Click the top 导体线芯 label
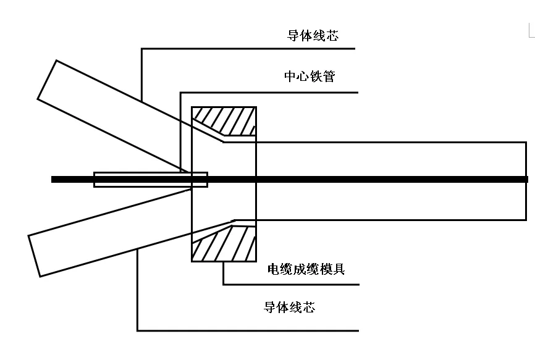313,35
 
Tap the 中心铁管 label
310,77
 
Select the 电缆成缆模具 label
306,269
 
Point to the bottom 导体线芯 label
289,307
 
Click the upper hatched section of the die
229,120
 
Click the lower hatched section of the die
229,243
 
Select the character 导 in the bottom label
270,307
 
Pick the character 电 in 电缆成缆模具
274,269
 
